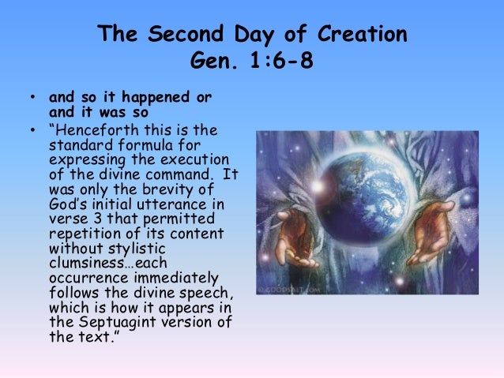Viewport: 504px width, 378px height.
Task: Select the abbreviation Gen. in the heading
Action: [213, 61]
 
